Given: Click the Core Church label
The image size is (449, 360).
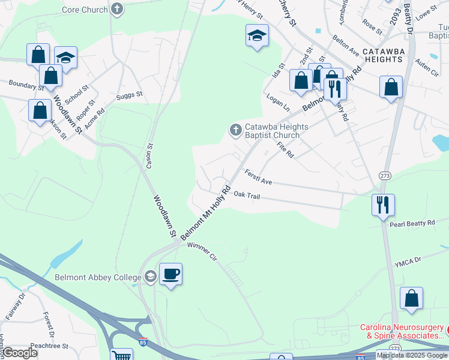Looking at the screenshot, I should [x=85, y=10].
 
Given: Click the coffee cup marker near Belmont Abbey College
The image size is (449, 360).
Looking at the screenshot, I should [x=170, y=274].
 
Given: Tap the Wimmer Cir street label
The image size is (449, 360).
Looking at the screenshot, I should [x=201, y=251].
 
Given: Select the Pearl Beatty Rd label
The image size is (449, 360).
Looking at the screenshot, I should [x=412, y=224].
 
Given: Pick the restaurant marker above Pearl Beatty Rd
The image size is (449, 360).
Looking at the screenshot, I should [x=382, y=205].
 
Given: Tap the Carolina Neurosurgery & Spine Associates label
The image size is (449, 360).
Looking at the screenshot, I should [x=402, y=332].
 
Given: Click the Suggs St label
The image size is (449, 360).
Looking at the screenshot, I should [x=130, y=94].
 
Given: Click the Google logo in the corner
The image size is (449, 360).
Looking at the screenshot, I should [x=20, y=353].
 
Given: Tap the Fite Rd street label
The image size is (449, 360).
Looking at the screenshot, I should [x=285, y=149].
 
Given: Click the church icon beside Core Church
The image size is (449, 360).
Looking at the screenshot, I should [x=117, y=9].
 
